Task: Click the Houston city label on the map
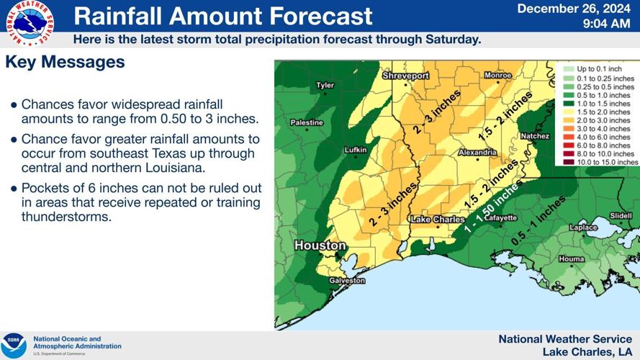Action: [320, 246]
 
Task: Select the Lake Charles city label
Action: [436, 219]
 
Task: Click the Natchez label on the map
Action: [535, 135]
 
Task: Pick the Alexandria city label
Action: [476, 153]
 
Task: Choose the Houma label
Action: [572, 258]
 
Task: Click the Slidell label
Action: [620, 215]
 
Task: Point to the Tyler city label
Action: [325, 86]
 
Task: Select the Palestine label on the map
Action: [307, 122]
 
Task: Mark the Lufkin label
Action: [355, 150]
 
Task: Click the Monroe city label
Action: [497, 75]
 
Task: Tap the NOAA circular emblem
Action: [14, 345]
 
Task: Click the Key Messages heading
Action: [65, 63]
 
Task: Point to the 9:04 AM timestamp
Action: [606, 24]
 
